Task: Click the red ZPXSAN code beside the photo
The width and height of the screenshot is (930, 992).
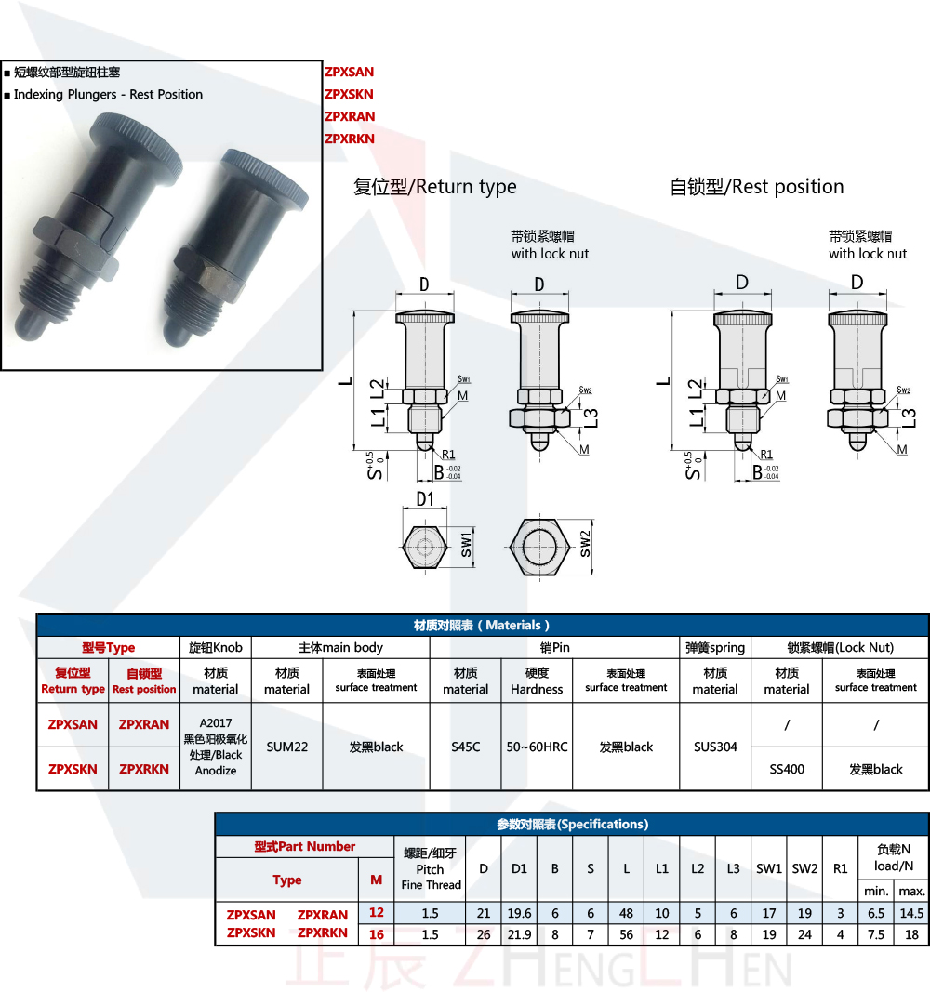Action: click(349, 72)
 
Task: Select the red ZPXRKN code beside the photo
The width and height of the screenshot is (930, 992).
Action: click(349, 139)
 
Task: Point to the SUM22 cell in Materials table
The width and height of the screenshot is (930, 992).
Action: click(286, 747)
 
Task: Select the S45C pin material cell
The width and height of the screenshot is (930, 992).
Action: click(465, 747)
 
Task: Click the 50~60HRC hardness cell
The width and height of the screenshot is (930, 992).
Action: click(537, 747)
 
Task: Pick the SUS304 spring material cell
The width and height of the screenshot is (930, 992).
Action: click(715, 747)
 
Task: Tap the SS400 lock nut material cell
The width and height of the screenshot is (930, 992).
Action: click(787, 769)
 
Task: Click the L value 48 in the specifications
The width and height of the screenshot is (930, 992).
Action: click(627, 914)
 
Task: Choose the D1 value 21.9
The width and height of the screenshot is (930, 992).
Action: click(519, 933)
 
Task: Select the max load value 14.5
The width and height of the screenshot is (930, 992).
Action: click(911, 914)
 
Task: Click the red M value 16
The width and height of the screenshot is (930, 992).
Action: click(377, 933)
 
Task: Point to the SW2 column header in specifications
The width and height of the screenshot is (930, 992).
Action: click(804, 868)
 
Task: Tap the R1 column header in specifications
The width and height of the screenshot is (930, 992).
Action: click(840, 868)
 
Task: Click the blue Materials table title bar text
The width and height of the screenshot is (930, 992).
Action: click(482, 625)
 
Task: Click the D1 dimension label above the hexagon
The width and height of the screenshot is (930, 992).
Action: click(425, 499)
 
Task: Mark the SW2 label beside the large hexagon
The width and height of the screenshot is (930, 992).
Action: click(585, 544)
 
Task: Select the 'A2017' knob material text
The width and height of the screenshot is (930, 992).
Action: click(215, 721)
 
